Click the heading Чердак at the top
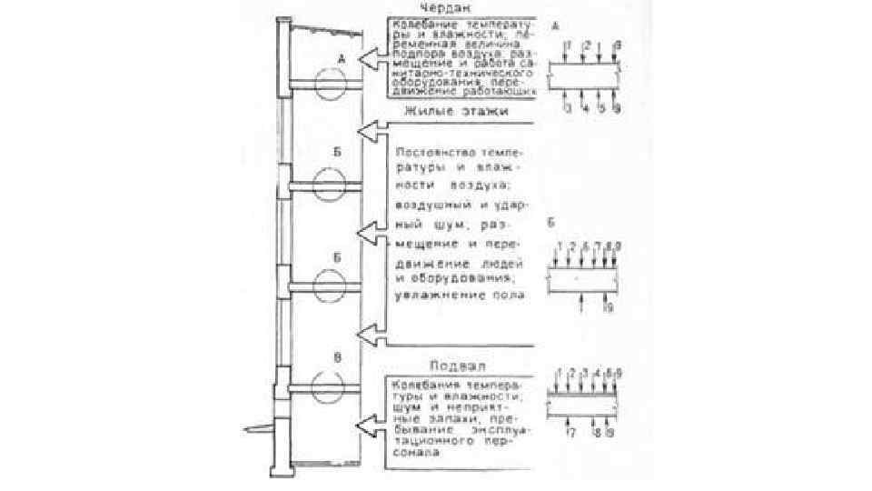[441, 7]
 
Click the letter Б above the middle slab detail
[551, 221]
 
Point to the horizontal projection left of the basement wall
[259, 427]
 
